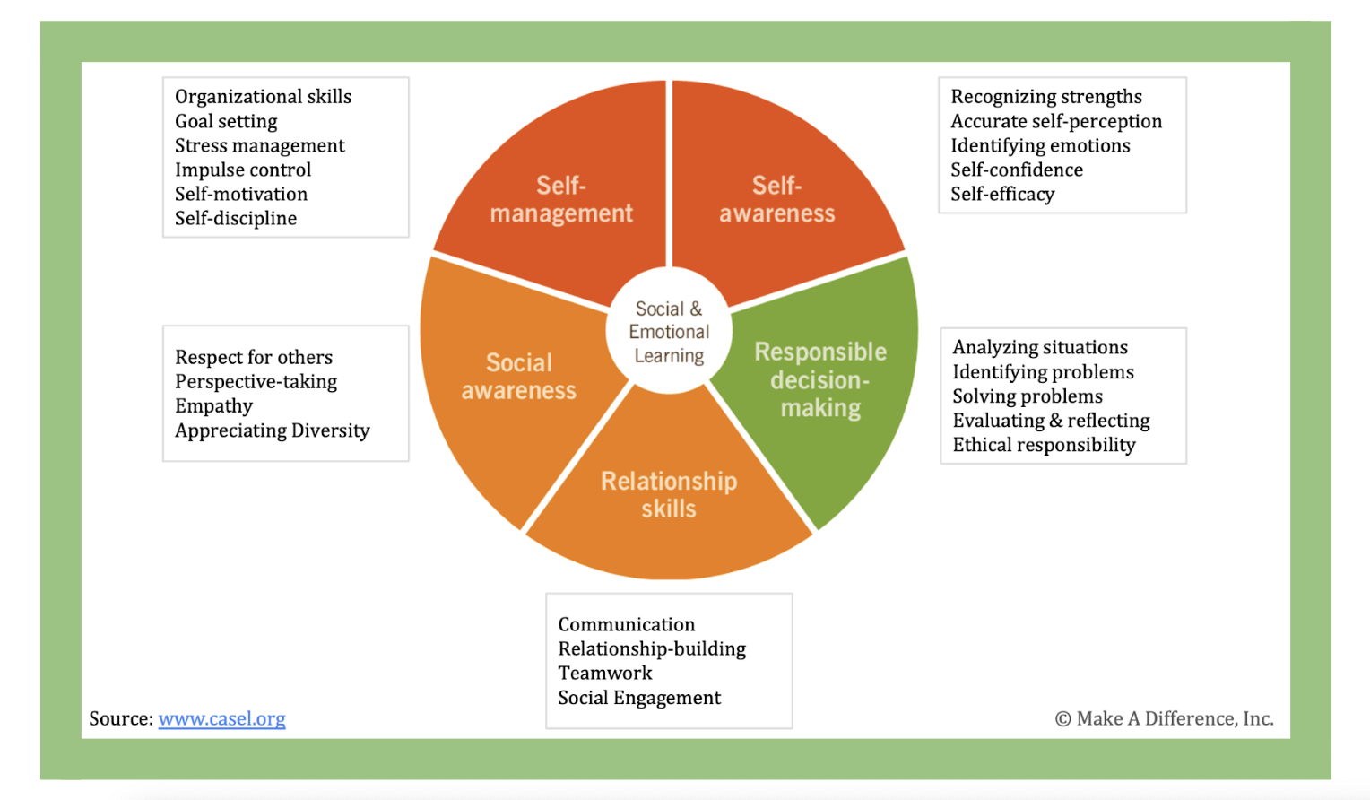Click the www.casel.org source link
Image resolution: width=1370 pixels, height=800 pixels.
(x=221, y=718)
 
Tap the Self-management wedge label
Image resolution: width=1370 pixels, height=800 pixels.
(x=561, y=199)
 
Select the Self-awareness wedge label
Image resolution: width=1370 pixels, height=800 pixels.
(x=776, y=199)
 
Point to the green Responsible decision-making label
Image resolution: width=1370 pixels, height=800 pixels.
(x=820, y=379)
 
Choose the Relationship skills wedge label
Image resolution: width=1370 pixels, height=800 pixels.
(x=669, y=495)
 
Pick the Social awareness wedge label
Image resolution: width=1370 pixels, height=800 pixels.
(x=518, y=376)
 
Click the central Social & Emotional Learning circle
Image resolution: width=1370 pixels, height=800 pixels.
(x=669, y=332)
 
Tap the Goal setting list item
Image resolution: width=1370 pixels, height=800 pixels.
(x=226, y=121)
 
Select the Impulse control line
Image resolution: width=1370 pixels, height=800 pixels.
(x=243, y=170)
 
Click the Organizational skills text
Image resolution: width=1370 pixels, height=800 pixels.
(x=263, y=97)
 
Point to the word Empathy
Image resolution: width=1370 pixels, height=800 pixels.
(x=213, y=406)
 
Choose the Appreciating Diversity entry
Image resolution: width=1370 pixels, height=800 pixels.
(x=273, y=430)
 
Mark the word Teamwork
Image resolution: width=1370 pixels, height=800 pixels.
(x=605, y=674)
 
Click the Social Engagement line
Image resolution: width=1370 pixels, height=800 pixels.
(x=639, y=698)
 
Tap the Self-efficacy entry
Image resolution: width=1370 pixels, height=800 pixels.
(x=1002, y=194)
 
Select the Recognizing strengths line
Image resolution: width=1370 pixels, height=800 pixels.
(x=1046, y=97)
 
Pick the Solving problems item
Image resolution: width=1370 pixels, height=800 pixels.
(x=1027, y=396)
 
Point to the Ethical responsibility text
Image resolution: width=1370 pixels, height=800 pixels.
(x=1044, y=445)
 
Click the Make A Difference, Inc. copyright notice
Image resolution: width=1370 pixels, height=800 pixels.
(x=1165, y=718)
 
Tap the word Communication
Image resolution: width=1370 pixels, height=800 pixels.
(x=627, y=624)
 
